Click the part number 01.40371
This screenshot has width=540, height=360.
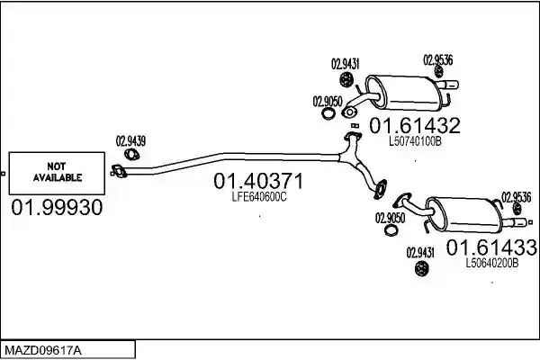pyautogui.click(x=258, y=181)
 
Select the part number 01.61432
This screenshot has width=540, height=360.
pyautogui.click(x=415, y=125)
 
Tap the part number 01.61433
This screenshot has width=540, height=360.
pyautogui.click(x=491, y=247)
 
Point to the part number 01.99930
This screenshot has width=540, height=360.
pyautogui.click(x=57, y=207)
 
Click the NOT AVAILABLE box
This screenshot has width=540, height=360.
pyautogui.click(x=57, y=173)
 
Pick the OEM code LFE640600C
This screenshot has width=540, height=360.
pyautogui.click(x=259, y=197)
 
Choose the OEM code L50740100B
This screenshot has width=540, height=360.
pyautogui.click(x=415, y=141)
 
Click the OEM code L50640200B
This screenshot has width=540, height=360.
pyautogui.click(x=491, y=264)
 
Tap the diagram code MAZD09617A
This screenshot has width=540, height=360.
pyautogui.click(x=43, y=351)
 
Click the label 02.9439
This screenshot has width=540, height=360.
pyautogui.click(x=130, y=141)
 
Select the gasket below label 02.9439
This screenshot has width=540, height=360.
pyautogui.click(x=131, y=155)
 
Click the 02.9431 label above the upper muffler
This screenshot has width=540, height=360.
pyautogui.click(x=345, y=64)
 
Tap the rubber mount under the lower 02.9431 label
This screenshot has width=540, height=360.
pyautogui.click(x=420, y=269)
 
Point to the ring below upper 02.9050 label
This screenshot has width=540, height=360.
pyautogui.click(x=328, y=113)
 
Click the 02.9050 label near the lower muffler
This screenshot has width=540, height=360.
pyautogui.click(x=390, y=218)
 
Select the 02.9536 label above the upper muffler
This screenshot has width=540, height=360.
pyautogui.click(x=437, y=60)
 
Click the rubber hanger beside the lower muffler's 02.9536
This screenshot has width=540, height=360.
pyautogui.click(x=517, y=209)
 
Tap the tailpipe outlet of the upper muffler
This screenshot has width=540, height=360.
pyautogui.click(x=450, y=85)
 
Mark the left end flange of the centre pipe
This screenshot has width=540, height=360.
pyautogui.click(x=119, y=171)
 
